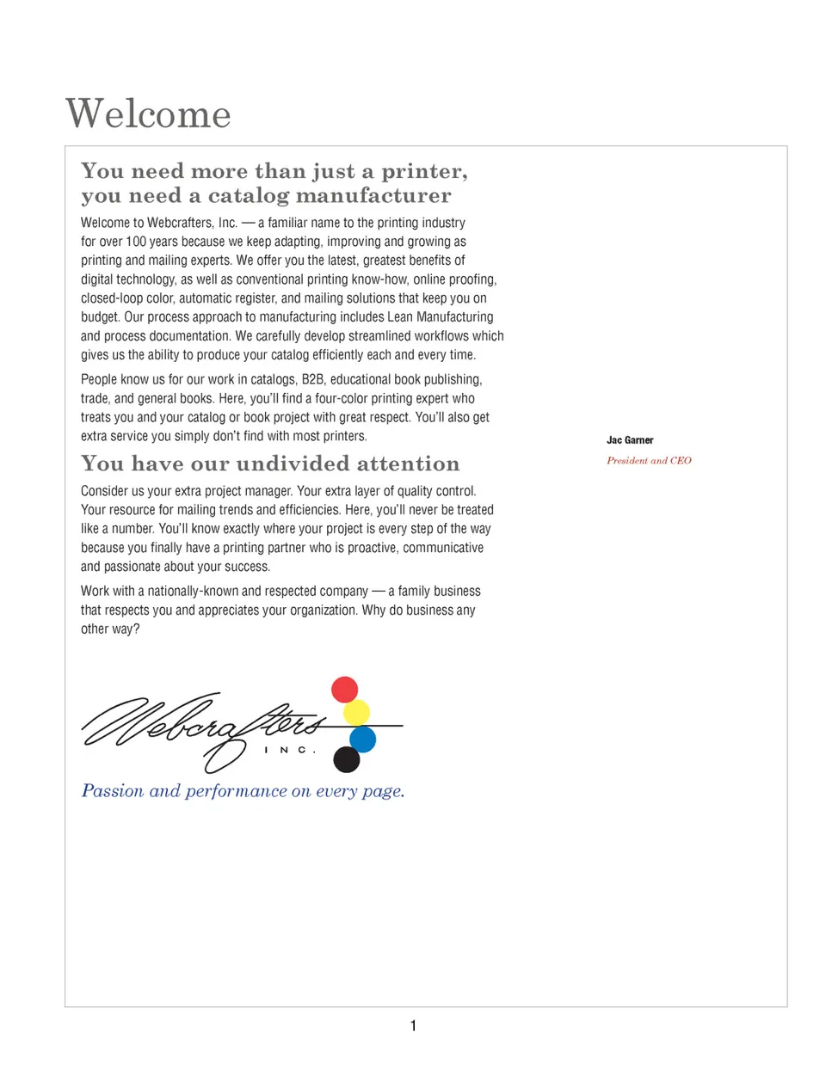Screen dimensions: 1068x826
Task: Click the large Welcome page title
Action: click(148, 114)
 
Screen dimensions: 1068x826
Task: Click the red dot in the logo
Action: click(345, 690)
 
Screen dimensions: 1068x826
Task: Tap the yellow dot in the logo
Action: click(356, 712)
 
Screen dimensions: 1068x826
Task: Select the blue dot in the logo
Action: click(363, 739)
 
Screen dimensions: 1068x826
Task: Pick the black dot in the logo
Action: click(346, 759)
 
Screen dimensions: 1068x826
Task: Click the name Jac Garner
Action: click(630, 440)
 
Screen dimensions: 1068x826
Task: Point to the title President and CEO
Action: click(649, 461)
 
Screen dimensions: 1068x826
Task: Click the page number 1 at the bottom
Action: click(413, 1025)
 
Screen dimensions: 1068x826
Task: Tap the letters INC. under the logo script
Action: click(290, 751)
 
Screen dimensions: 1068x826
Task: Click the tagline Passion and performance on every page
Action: click(243, 791)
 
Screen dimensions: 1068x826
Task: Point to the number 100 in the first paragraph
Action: click(136, 242)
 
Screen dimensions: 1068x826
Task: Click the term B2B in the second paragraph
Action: click(313, 379)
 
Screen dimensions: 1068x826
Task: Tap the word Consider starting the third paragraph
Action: click(107, 491)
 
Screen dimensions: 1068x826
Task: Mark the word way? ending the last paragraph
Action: click(126, 629)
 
